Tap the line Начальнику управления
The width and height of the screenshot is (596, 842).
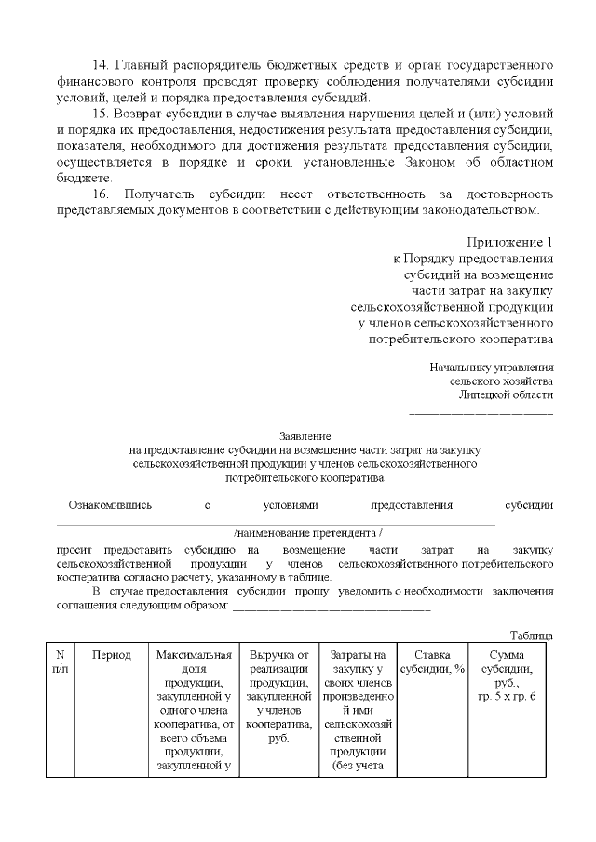pyautogui.click(x=492, y=367)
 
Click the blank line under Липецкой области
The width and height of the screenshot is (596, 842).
pyautogui.click(x=481, y=410)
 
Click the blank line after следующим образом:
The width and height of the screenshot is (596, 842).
pyautogui.click(x=332, y=607)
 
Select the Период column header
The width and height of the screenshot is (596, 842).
pyautogui.click(x=112, y=655)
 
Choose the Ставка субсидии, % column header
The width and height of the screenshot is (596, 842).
pyautogui.click(x=432, y=662)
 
